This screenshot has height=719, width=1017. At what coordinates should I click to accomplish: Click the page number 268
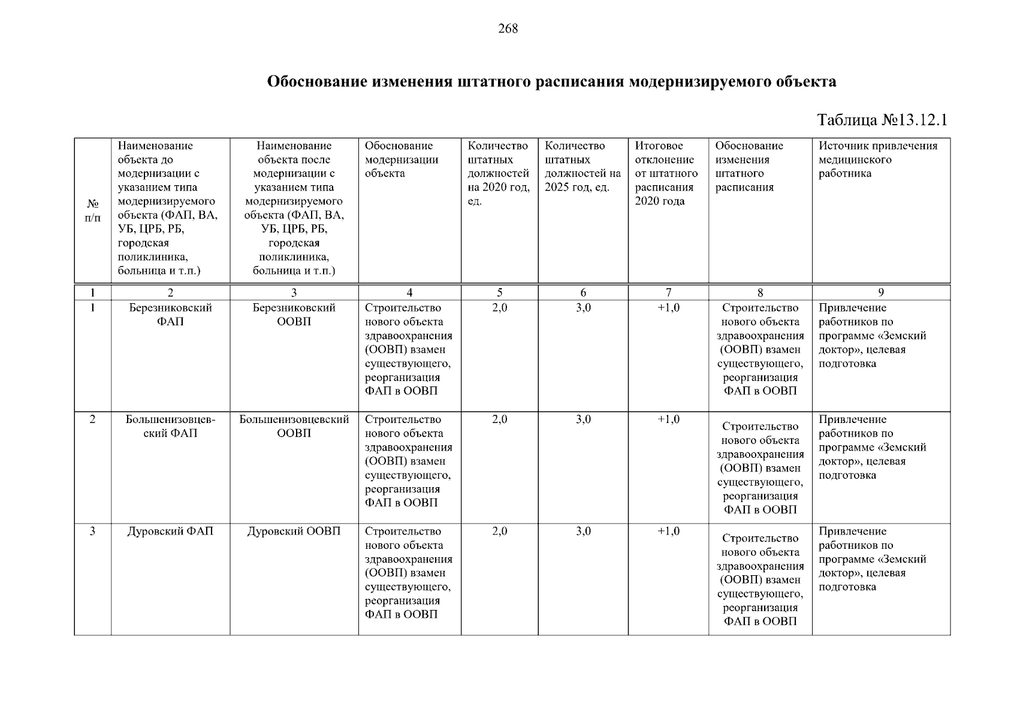[508, 29]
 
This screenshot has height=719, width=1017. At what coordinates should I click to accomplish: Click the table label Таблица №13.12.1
[882, 120]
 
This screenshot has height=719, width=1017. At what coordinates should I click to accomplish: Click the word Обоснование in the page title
[317, 81]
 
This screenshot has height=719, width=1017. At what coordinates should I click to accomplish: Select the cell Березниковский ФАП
[170, 315]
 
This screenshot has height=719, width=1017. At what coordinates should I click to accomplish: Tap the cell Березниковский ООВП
[294, 315]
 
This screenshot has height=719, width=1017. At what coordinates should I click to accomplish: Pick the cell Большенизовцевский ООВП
[294, 426]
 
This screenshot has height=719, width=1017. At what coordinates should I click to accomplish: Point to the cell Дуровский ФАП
[170, 531]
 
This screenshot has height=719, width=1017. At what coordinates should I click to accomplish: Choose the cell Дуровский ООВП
[294, 531]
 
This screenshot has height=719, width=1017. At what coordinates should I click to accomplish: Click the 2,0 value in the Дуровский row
[499, 531]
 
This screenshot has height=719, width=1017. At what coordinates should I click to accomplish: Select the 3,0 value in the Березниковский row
[583, 308]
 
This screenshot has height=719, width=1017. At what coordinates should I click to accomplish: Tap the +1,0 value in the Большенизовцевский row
[668, 419]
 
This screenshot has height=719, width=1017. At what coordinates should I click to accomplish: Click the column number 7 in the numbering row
[668, 293]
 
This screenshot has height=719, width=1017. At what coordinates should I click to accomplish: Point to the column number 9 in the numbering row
[880, 293]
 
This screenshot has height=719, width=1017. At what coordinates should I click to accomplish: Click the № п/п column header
[92, 211]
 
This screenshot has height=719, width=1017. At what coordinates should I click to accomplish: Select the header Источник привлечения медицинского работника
[878, 159]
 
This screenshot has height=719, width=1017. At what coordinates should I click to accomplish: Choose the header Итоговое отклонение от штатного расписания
[666, 173]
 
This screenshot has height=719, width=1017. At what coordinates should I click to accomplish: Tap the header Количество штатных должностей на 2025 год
[583, 167]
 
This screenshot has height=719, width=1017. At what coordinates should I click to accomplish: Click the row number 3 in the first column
[92, 531]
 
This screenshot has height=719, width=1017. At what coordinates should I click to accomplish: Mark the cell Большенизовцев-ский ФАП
[170, 426]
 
